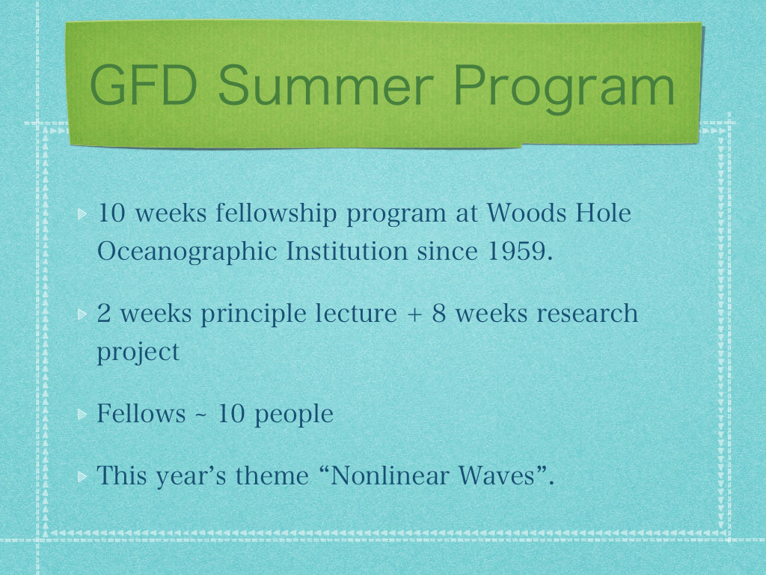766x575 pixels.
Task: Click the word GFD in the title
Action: pos(144,85)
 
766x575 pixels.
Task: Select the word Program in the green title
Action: pos(565,89)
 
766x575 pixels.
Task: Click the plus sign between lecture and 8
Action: pos(414,314)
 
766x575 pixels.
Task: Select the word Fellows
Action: pos(141,413)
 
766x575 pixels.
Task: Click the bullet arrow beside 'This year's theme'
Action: pos(82,475)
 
